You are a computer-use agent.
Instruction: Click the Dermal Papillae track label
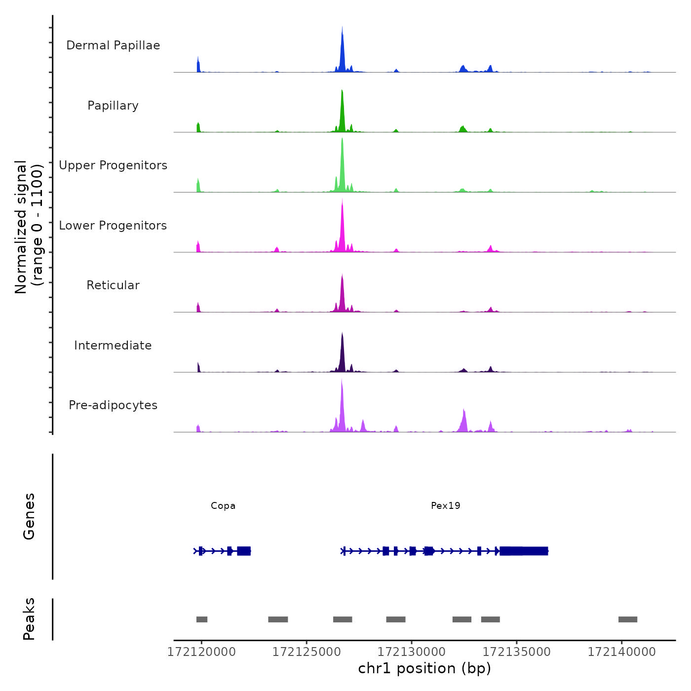point(113,45)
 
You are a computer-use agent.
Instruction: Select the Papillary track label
point(113,106)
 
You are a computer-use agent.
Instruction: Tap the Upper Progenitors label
point(113,165)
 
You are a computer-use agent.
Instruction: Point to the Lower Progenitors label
point(113,226)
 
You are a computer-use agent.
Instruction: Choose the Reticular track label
point(113,285)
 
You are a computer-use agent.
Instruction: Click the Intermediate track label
point(113,345)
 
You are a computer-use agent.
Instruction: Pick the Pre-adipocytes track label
point(113,405)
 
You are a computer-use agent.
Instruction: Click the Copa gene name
point(223,505)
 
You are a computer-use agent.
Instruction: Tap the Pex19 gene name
point(446,505)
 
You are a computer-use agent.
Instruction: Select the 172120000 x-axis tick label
point(201,652)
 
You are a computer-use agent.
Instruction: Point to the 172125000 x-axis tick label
point(307,652)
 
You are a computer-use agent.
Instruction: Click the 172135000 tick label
point(516,652)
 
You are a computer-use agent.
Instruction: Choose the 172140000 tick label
point(621,652)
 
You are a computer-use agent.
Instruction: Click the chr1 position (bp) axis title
point(424,669)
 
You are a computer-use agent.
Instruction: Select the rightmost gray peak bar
point(628,619)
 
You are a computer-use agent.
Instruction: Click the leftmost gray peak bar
point(202,619)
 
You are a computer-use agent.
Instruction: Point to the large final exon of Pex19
point(524,551)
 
